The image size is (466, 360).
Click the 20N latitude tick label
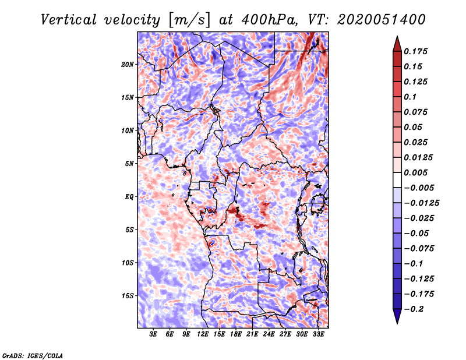click(128, 64)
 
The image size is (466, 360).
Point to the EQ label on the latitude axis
click(129, 196)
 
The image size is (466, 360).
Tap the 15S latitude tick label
click(128, 295)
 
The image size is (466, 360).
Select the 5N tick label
click(129, 163)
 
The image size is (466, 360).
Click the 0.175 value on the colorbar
click(416, 51)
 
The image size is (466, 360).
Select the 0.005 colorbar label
click(416, 172)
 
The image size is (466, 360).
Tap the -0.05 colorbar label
click(416, 233)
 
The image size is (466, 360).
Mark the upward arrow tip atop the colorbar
click(396, 38)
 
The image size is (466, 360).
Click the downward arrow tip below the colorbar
click(396, 322)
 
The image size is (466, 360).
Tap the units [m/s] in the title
click(188, 19)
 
